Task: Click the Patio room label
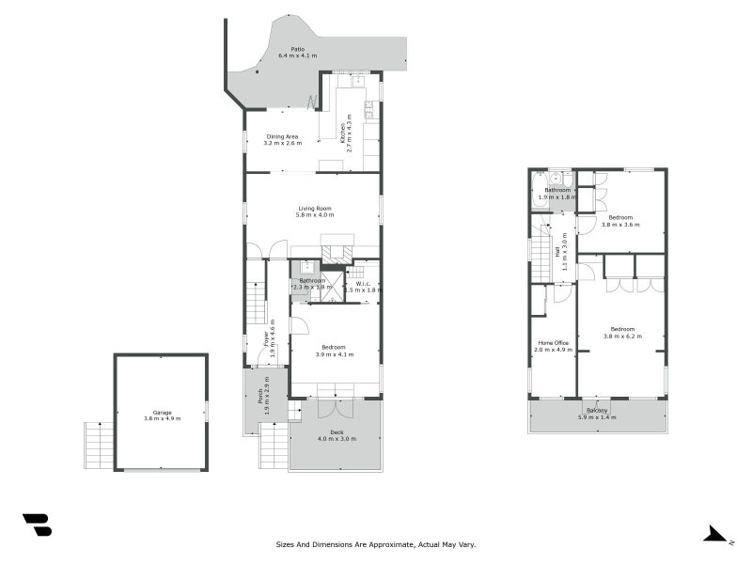pos(297,49)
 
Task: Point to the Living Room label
pos(314,209)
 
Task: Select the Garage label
pos(162,412)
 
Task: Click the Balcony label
pos(597,410)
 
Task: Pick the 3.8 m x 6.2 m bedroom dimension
pos(622,336)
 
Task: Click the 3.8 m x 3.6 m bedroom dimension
pos(620,225)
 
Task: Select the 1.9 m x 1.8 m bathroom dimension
pos(556,197)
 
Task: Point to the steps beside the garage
pos(98,446)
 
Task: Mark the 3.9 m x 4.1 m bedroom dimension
pos(335,354)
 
